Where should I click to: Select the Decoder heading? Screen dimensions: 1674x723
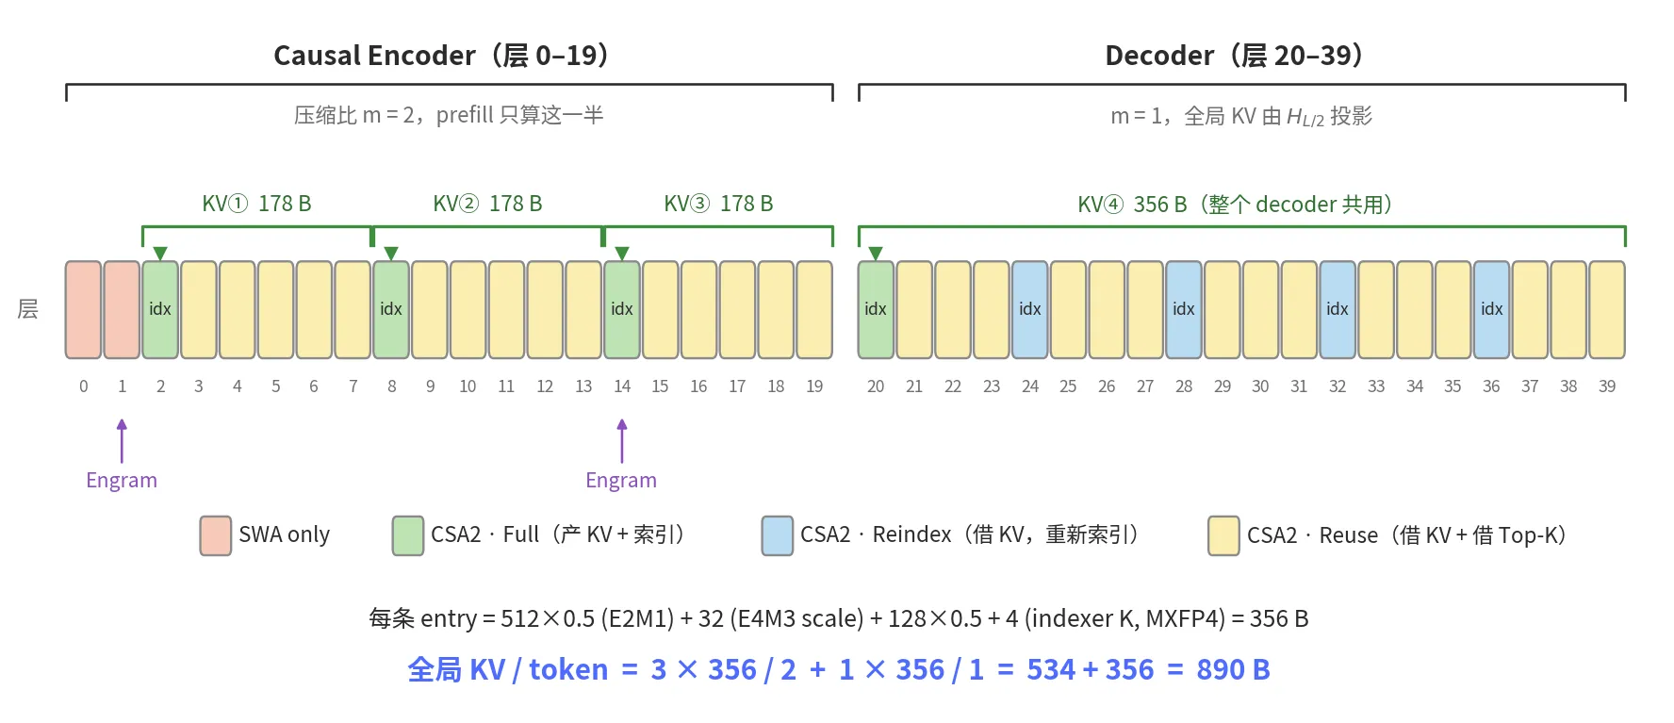coord(1234,56)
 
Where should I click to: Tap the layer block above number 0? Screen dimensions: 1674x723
coord(83,309)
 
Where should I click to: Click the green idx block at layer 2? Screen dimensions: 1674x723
coord(160,309)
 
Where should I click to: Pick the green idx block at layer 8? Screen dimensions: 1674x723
coord(391,309)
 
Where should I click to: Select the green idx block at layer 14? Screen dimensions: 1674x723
coord(622,309)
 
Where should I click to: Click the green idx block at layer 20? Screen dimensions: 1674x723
coord(876,309)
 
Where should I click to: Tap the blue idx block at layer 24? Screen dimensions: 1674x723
coord(1029,309)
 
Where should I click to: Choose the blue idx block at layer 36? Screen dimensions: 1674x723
coord(1491,309)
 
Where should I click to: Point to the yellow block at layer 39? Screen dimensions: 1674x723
coord(1607,309)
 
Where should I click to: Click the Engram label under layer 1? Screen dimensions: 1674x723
coord(122,481)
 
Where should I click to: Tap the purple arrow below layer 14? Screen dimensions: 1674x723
coord(622,441)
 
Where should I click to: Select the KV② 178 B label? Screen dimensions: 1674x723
coord(487,204)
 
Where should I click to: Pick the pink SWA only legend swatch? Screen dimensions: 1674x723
coord(216,535)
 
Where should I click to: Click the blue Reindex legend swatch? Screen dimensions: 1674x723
coord(778,535)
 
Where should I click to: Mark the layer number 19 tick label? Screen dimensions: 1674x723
coord(814,386)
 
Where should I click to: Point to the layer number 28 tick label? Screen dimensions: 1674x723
coord(1184,386)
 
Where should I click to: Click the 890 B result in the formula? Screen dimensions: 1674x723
coord(1233,669)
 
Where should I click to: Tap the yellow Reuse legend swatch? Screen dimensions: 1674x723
coord(1224,535)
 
